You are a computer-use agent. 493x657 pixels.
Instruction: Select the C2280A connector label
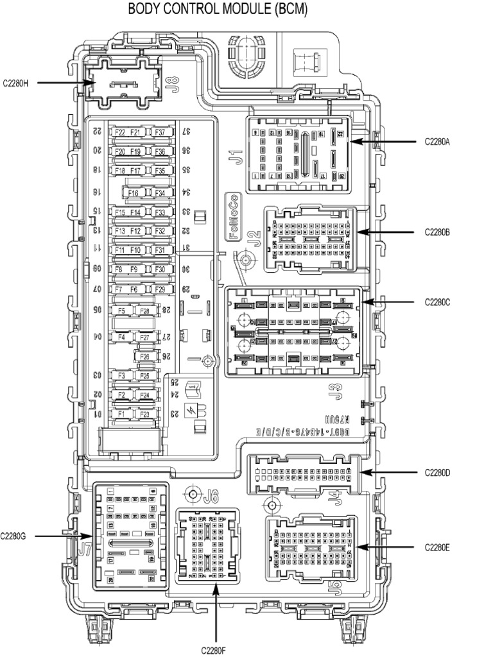coord(437,142)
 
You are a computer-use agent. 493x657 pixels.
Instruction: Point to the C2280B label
coord(437,232)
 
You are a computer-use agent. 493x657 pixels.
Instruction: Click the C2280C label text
coord(437,301)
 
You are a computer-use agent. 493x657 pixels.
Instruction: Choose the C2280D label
coord(437,473)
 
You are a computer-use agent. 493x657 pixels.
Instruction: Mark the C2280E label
coord(437,547)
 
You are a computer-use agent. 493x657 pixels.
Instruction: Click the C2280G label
coord(13,536)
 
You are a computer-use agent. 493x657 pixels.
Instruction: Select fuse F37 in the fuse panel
coord(159,133)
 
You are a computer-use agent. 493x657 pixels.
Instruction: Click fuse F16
coord(134,192)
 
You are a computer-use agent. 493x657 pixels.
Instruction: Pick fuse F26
coord(144,357)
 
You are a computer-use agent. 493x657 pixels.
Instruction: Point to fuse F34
coord(159,192)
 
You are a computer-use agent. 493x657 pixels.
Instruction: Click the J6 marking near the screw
coord(211,495)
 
